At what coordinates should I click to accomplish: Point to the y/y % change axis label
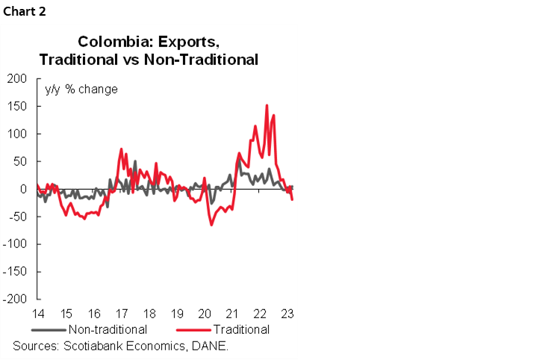click(x=81, y=90)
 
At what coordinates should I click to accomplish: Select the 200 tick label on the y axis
click(x=18, y=78)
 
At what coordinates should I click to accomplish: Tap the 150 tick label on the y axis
click(x=18, y=106)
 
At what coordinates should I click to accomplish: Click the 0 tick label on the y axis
click(x=24, y=189)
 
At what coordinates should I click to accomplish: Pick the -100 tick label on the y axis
click(x=15, y=244)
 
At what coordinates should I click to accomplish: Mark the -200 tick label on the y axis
click(x=15, y=300)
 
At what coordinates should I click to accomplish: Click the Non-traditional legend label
click(x=108, y=329)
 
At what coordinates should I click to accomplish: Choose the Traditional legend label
click(x=240, y=329)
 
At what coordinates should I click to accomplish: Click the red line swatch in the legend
click(x=192, y=329)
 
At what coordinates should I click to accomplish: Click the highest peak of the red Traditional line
click(x=267, y=105)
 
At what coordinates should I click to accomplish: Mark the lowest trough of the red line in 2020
click(x=211, y=224)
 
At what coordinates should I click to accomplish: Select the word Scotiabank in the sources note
click(x=93, y=346)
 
